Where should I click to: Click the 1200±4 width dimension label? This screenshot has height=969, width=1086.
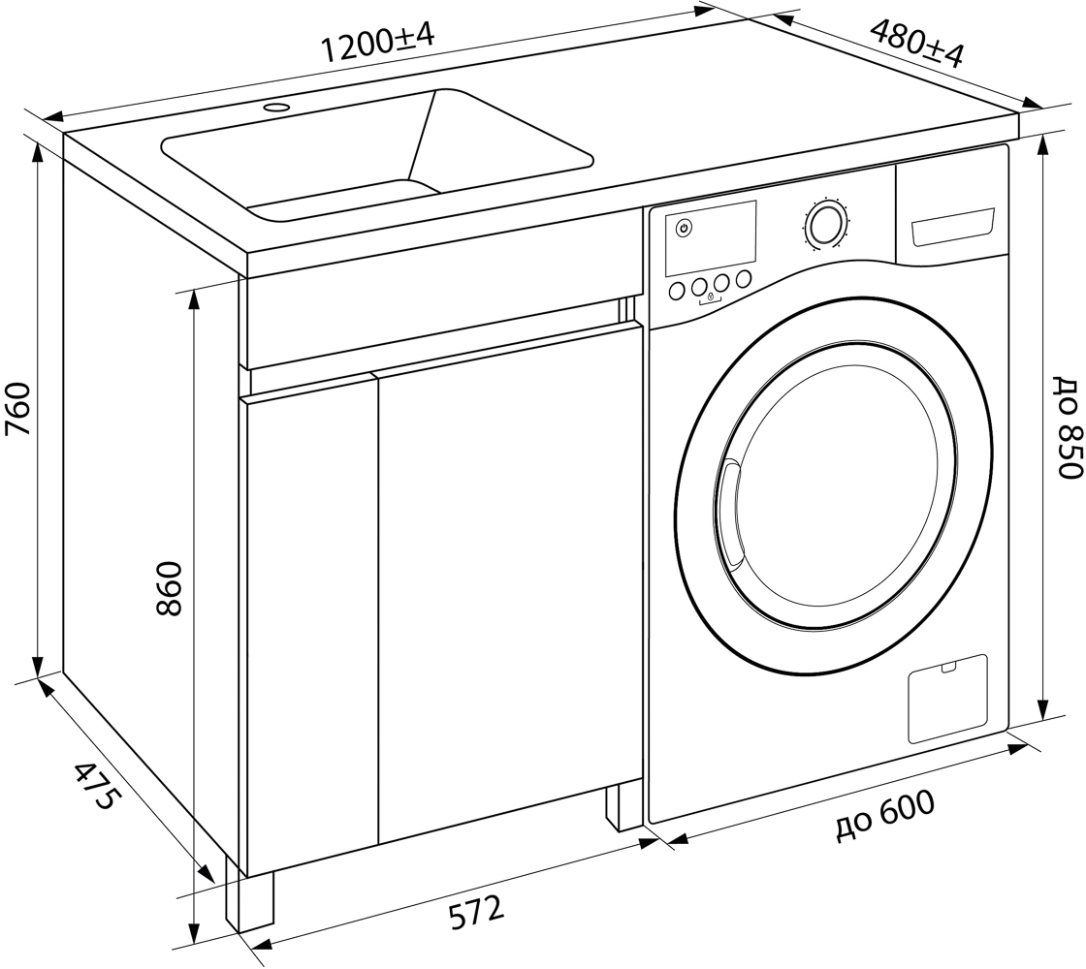click(378, 43)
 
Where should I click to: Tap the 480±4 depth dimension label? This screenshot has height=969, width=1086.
click(915, 43)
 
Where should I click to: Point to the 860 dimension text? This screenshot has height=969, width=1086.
click(169, 589)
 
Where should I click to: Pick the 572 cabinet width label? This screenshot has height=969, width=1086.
click(476, 912)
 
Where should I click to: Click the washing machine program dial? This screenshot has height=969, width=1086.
click(824, 223)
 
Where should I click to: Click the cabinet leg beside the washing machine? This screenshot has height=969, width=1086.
click(623, 804)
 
